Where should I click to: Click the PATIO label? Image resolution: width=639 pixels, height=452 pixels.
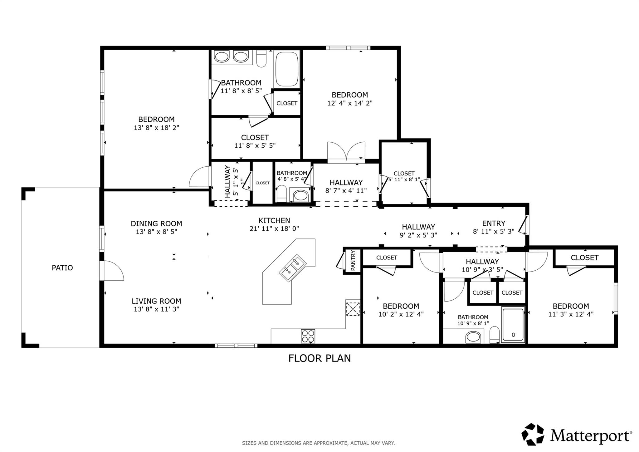pos(62,268)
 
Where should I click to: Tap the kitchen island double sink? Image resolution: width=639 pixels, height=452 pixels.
pos(293,268)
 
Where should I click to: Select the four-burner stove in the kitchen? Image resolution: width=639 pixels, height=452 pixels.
pos(308,336)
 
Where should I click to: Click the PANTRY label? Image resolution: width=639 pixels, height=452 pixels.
pos(353,260)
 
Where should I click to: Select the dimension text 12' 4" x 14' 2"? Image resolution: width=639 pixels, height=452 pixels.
pos(350,103)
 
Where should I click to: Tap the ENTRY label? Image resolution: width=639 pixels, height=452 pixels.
pos(493,224)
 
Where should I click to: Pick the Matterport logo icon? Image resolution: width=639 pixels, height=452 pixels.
pos(533,434)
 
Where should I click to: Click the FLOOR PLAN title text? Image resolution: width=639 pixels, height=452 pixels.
pos(319,358)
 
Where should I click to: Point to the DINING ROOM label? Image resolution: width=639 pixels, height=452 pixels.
pos(156,224)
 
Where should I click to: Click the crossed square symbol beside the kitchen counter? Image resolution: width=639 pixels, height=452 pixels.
pos(353,308)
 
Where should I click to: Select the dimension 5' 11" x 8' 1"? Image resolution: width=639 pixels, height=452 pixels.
pos(404,180)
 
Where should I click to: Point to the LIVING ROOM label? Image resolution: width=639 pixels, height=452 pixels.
pos(156,301)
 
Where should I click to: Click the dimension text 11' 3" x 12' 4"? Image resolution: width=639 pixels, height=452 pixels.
pos(571,314)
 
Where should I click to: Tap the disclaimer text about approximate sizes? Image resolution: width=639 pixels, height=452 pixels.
pos(318,443)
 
